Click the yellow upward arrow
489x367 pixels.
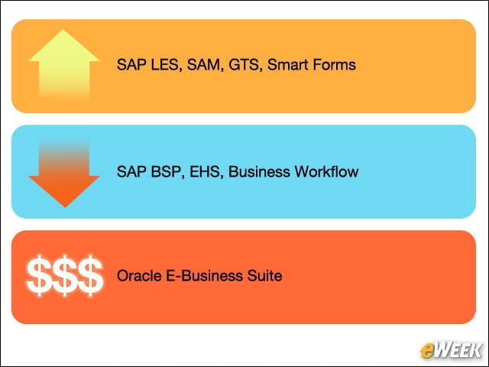pyautogui.click(x=64, y=64)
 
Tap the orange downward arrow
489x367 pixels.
pyautogui.click(x=64, y=175)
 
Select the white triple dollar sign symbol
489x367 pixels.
pyautogui.click(x=64, y=275)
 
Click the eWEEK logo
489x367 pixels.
pyautogui.click(x=452, y=350)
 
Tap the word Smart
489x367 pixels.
pyautogui.click(x=288, y=64)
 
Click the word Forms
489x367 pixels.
pyautogui.click(x=335, y=64)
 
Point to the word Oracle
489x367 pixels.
pyautogui.click(x=139, y=276)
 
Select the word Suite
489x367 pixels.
pyautogui.click(x=264, y=276)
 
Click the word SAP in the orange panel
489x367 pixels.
pyautogui.click(x=131, y=64)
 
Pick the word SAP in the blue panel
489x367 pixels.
pyautogui.click(x=131, y=171)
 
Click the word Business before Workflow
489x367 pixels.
pyautogui.click(x=259, y=171)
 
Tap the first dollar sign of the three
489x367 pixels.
pyautogui.click(x=39, y=275)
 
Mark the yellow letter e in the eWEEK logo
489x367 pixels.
pyautogui.click(x=428, y=351)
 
